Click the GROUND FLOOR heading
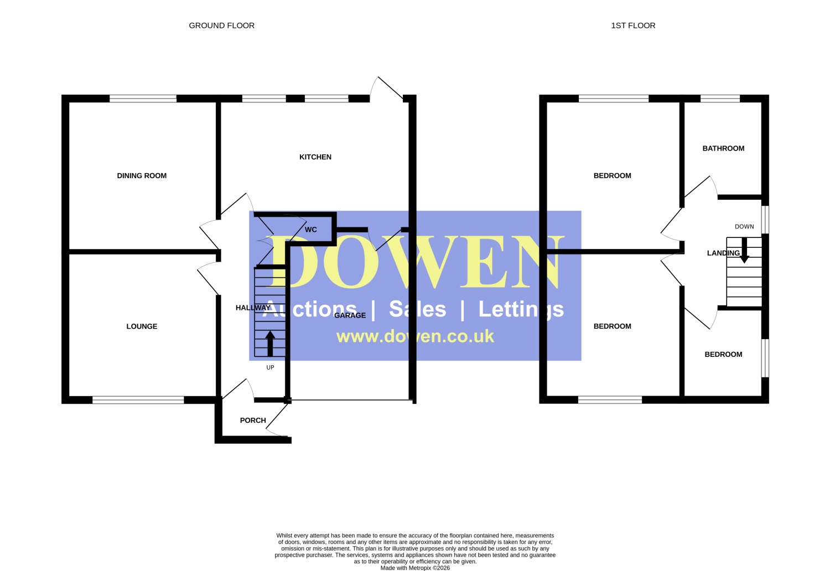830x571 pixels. point(221,25)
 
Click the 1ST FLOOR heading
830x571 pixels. point(633,25)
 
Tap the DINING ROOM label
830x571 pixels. point(142,175)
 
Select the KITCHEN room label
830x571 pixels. point(315,157)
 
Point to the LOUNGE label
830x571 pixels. point(142,326)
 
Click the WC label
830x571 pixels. point(311,230)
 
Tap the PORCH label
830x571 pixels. point(253,421)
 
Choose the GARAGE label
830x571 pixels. point(350,315)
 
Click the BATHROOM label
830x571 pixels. point(723,149)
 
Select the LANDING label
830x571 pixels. point(723,253)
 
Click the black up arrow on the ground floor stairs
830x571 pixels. point(270,344)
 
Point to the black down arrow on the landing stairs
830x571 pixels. point(744,251)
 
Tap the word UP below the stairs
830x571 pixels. point(270,367)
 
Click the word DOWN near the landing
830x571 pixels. point(744,227)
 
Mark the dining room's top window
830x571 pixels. point(143,98)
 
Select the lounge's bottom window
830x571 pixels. point(138,400)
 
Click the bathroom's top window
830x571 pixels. point(720,98)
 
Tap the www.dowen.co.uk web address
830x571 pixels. point(415,336)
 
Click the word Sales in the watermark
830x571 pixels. point(418,309)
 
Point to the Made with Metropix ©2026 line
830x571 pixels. point(415,568)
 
